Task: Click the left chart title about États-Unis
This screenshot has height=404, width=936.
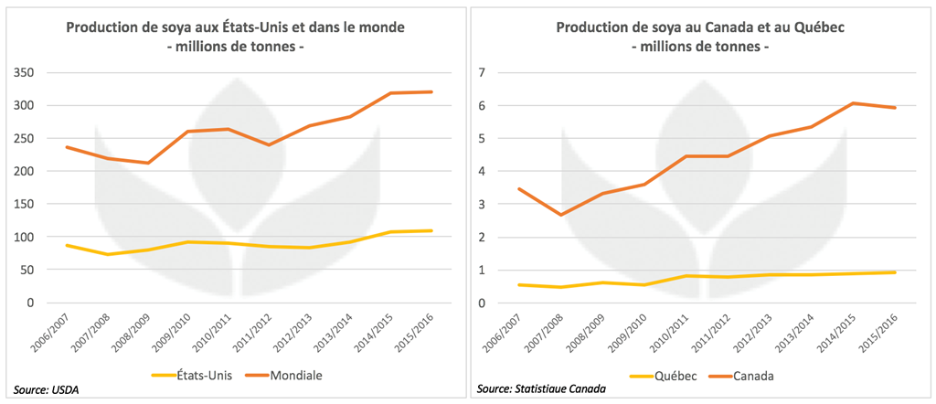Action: pos(235,28)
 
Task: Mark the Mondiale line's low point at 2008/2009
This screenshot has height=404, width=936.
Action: pos(148,163)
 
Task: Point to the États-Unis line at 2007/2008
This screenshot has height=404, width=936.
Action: pos(108,254)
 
